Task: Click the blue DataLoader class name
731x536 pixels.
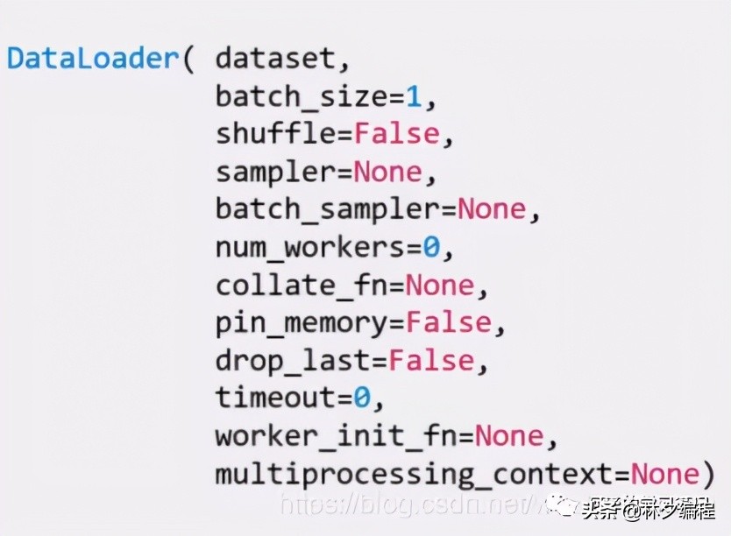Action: pos(92,59)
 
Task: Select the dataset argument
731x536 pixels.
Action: pos(273,59)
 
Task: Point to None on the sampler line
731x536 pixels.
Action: pos(388,173)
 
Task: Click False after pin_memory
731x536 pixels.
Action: pos(448,324)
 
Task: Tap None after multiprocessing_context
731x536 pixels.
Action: pos(664,476)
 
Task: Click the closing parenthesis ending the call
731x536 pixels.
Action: pos(708,476)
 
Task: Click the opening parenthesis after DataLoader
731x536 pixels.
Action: pos(188,59)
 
